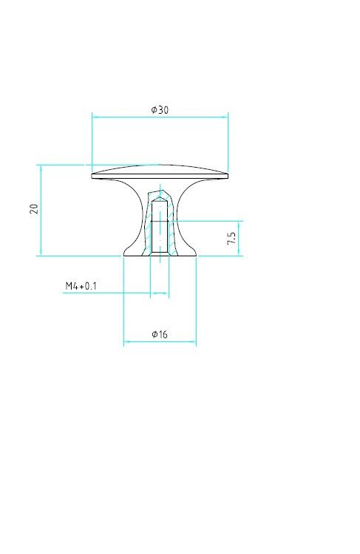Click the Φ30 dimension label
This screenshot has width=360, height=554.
click(x=160, y=109)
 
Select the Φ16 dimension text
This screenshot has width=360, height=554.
click(x=160, y=334)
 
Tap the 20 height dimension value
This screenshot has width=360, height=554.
click(x=34, y=208)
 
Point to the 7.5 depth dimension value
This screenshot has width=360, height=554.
click(x=231, y=238)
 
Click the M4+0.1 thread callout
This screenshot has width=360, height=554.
click(x=81, y=286)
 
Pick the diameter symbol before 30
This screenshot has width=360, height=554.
click(x=154, y=109)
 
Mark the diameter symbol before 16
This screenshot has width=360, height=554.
click(x=154, y=334)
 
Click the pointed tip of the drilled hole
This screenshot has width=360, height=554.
click(x=160, y=197)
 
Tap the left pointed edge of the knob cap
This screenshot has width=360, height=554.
click(x=92, y=175)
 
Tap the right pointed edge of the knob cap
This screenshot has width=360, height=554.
click(x=228, y=175)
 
